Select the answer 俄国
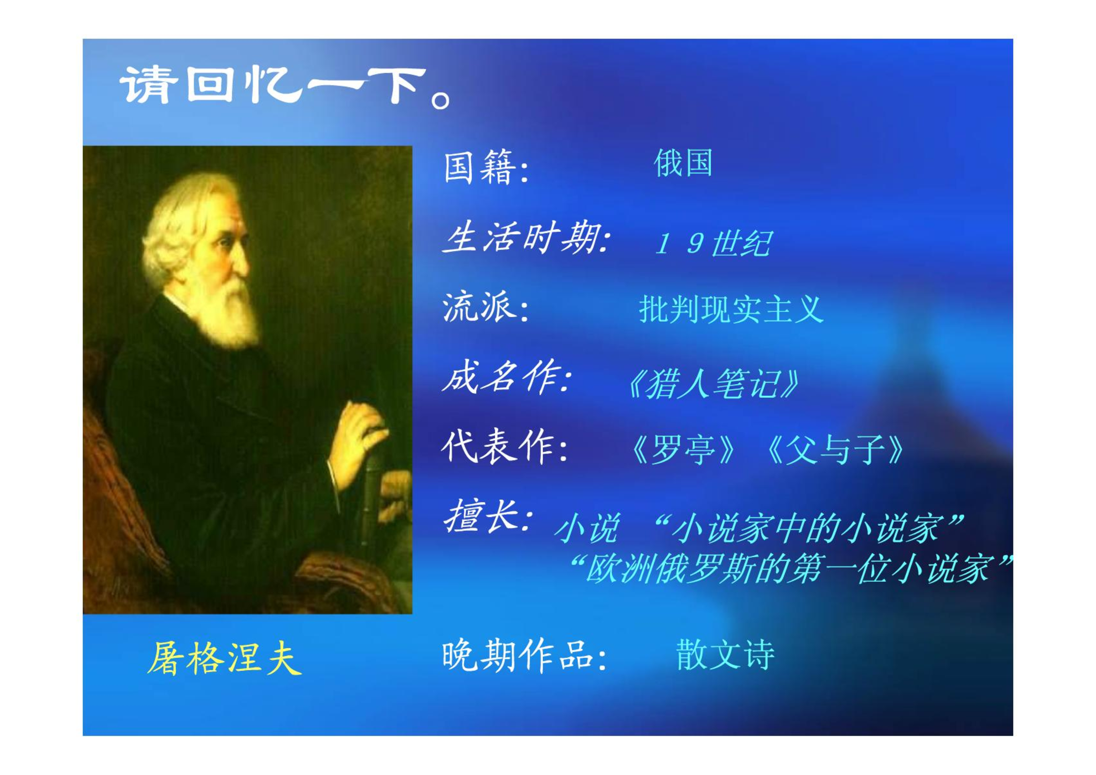683,163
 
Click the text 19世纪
713,243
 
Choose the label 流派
479,307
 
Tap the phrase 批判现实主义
731,309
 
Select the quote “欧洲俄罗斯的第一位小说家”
791,568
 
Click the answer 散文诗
725,654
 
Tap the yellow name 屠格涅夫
224,658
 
